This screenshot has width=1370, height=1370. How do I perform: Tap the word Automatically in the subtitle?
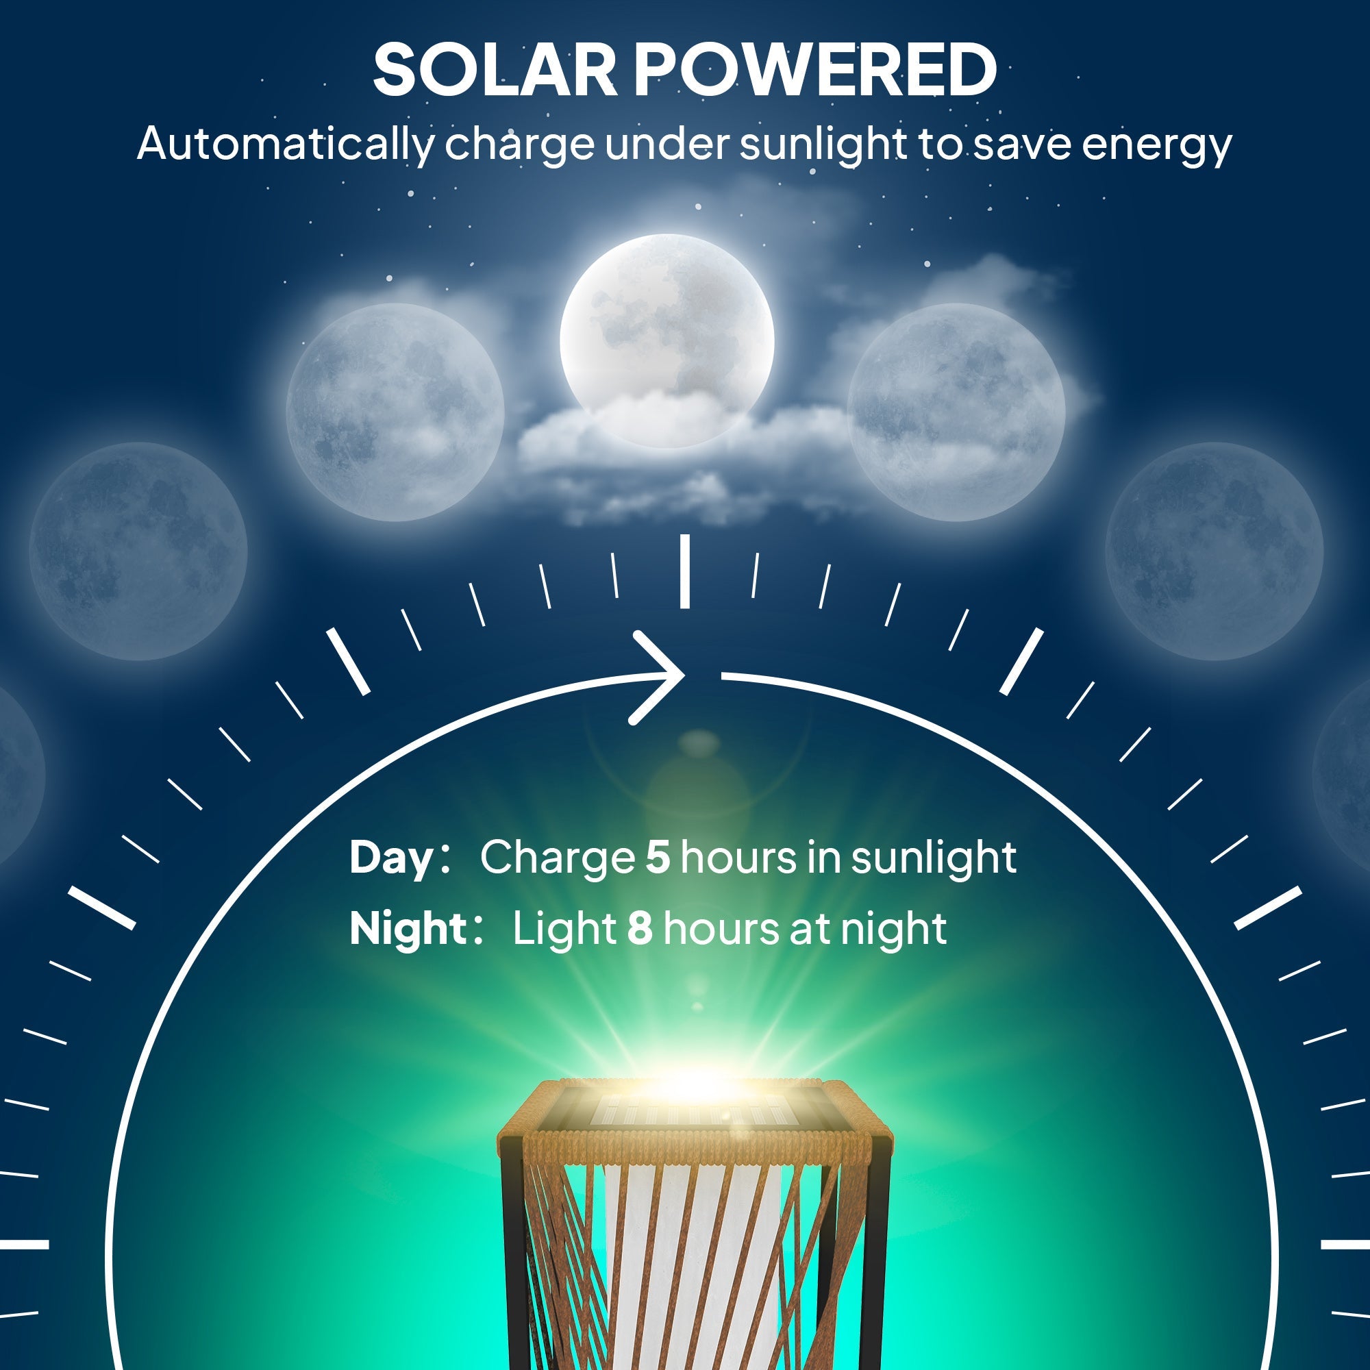[284, 144]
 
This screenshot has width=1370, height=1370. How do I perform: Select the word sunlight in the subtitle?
[823, 144]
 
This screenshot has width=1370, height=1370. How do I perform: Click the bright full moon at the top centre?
[667, 340]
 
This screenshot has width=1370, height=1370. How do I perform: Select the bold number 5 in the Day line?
[658, 858]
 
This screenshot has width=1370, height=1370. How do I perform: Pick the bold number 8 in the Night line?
[640, 928]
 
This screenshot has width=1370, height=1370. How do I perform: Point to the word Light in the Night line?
[564, 930]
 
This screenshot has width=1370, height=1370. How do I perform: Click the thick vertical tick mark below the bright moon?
[684, 571]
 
